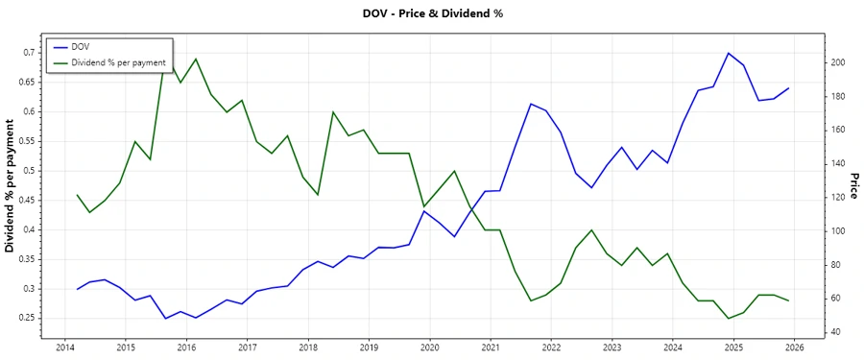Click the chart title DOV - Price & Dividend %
432,13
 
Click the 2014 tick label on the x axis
64,348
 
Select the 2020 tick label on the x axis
429,348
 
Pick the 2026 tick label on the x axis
794,348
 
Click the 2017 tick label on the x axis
247,348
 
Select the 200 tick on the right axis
838,62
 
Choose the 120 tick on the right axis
838,198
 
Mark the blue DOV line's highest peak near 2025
729,53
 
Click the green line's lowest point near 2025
729,319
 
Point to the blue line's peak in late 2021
531,104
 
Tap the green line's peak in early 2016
196,59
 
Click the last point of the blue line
789,87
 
